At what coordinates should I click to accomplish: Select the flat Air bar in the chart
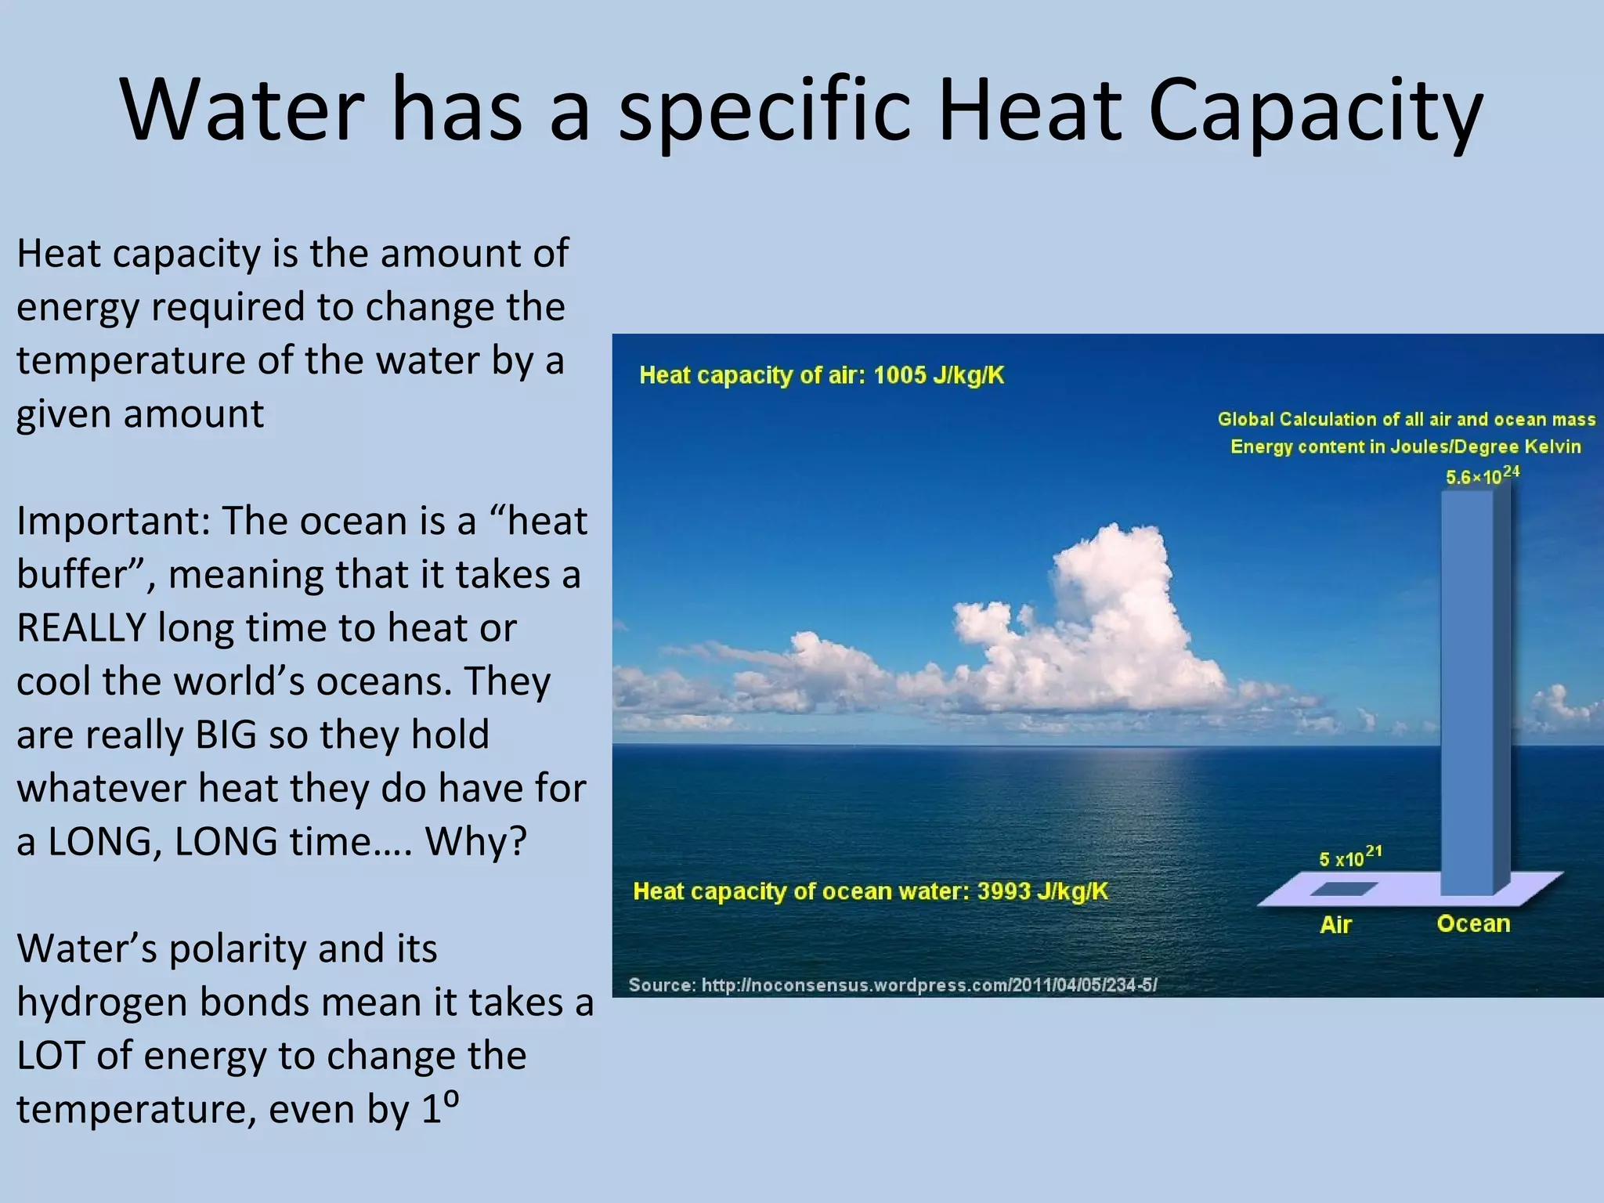click(x=1342, y=889)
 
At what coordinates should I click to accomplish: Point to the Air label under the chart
click(x=1335, y=925)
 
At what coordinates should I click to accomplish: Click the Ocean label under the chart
click(x=1473, y=924)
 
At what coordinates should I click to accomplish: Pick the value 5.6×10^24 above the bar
click(x=1482, y=475)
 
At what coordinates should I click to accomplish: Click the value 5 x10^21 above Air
click(x=1349, y=857)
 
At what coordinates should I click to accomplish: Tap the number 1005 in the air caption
click(x=899, y=375)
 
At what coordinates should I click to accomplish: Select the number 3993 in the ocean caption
click(x=1003, y=891)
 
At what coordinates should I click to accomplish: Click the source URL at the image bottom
click(x=929, y=985)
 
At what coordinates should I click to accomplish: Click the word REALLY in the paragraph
click(x=81, y=628)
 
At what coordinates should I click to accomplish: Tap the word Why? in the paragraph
click(x=476, y=842)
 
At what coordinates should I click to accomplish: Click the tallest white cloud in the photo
click(x=1112, y=595)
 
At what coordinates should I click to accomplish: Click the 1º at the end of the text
click(x=440, y=1107)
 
